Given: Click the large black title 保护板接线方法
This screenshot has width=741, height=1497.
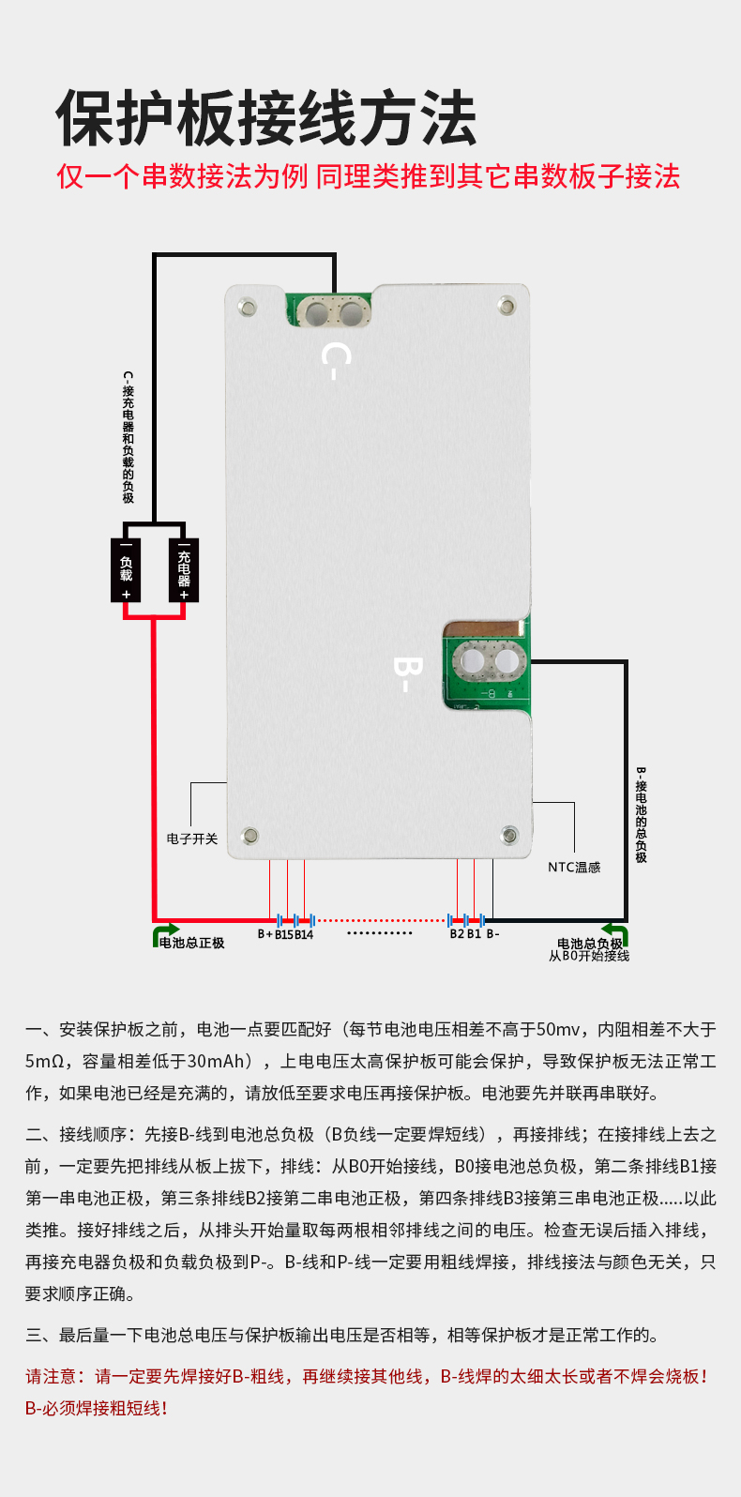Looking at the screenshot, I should (x=266, y=119).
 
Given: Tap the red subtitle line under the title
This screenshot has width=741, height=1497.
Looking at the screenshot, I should (x=369, y=176).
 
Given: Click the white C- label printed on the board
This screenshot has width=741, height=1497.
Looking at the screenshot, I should (x=335, y=360).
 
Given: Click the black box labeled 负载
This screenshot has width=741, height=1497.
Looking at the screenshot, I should (x=127, y=570).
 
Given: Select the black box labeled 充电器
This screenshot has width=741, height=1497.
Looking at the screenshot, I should (x=184, y=570).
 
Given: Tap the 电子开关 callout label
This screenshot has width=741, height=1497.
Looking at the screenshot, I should (x=192, y=839).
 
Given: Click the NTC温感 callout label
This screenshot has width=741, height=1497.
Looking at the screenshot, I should (x=574, y=868).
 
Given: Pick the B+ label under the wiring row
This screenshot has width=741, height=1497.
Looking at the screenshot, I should (x=265, y=934).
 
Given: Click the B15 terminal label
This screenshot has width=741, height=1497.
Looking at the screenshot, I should (x=283, y=934).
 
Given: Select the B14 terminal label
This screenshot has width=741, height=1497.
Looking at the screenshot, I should (x=304, y=934).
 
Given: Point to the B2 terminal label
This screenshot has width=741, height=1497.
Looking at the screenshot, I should (x=457, y=934).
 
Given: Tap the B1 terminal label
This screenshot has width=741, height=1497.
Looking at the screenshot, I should (x=474, y=934).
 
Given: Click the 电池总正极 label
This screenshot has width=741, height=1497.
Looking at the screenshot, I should (x=191, y=943).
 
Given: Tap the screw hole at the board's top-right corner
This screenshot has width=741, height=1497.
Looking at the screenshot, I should (x=507, y=305).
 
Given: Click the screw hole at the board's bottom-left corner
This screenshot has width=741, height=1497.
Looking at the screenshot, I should (x=250, y=835).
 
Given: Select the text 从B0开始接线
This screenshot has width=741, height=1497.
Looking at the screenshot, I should (x=589, y=956).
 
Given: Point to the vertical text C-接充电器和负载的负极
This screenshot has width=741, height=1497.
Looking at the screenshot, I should (x=128, y=437).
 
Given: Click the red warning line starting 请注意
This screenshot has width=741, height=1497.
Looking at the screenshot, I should (x=366, y=1376).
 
